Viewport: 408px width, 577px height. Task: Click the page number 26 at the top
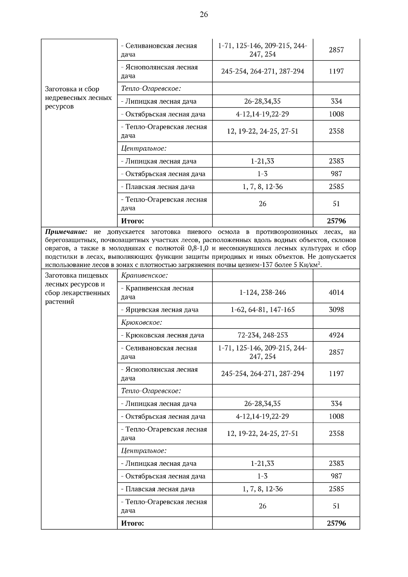tap(204, 14)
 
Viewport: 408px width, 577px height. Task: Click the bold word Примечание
tap(66, 232)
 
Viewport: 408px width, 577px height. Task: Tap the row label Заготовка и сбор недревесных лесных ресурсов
tap(78, 98)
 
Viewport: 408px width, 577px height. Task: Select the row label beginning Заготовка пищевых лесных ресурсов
tap(78, 288)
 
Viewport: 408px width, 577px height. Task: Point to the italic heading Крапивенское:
tap(144, 275)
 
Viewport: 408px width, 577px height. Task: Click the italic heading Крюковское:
tap(141, 322)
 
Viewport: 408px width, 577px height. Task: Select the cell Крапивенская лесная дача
tap(157, 292)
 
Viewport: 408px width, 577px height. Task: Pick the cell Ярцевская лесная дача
tap(159, 310)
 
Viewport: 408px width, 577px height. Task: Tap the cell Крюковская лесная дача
tap(163, 335)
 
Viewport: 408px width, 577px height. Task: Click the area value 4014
tap(336, 292)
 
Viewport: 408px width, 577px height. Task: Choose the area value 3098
tap(336, 310)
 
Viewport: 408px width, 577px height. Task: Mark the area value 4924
tap(336, 335)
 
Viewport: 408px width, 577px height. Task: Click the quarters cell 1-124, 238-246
tap(262, 292)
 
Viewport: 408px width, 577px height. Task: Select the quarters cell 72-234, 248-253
tap(262, 335)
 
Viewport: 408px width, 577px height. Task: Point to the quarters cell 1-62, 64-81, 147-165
tap(262, 310)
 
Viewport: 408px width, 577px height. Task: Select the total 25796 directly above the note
tap(336, 221)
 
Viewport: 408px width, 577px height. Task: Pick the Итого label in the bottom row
tap(132, 523)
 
